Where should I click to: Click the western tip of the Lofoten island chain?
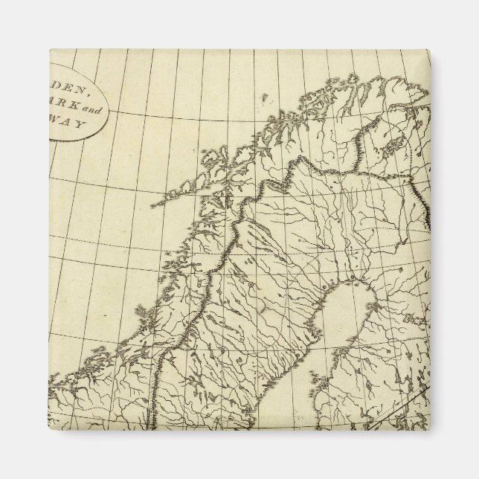click(153, 204)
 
